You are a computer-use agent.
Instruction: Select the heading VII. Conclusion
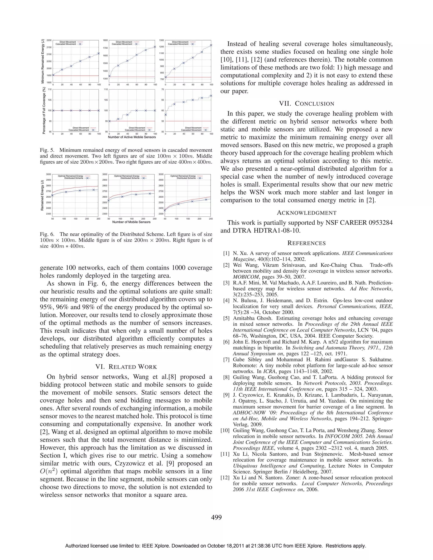click(307, 104)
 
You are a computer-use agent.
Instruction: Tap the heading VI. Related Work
click(126, 367)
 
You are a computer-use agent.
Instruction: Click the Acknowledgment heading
click(307, 213)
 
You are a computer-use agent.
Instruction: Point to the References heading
click(307, 243)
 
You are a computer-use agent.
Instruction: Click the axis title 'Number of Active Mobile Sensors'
click(132, 137)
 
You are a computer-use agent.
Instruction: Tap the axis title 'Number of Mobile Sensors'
click(131, 222)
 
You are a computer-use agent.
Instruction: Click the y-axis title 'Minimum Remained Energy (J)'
click(43, 61)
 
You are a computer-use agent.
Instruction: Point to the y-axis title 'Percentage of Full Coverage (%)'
click(44, 111)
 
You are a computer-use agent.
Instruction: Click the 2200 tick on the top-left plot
click(49, 40)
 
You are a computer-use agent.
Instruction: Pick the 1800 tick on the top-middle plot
click(105, 40)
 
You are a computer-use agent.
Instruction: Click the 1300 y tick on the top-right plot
click(161, 40)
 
